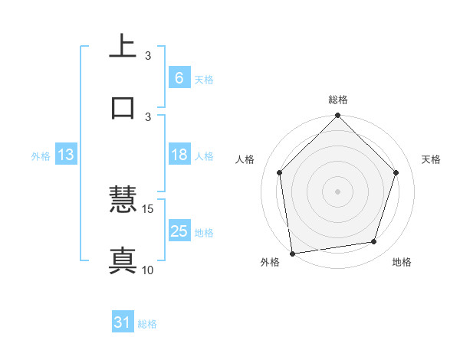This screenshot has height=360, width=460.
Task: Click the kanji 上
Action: pyautogui.click(x=123, y=47)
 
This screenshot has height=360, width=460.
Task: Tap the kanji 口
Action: pyautogui.click(x=123, y=106)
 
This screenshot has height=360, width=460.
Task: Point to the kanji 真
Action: pyautogui.click(x=123, y=260)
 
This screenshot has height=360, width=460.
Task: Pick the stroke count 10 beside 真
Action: pyautogui.click(x=148, y=270)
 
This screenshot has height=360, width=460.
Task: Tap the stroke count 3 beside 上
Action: pyautogui.click(x=148, y=56)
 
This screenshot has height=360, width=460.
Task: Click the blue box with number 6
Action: pyautogui.click(x=179, y=77)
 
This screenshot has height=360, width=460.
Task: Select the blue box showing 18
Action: pyautogui.click(x=179, y=155)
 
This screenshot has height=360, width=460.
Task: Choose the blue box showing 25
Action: pyautogui.click(x=179, y=231)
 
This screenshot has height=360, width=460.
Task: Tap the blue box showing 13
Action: pyautogui.click(x=65, y=155)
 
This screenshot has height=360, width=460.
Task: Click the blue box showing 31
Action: pyautogui.click(x=123, y=323)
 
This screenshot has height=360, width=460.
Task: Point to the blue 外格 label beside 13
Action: pyautogui.click(x=41, y=155)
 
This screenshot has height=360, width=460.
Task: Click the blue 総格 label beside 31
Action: pyautogui.click(x=147, y=324)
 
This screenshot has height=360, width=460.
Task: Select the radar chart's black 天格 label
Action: pyautogui.click(x=431, y=159)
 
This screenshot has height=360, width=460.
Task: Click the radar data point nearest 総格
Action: pyautogui.click(x=338, y=116)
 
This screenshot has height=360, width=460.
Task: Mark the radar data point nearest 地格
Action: pyautogui.click(x=374, y=242)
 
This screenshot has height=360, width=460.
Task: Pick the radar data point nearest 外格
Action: pyautogui.click(x=292, y=253)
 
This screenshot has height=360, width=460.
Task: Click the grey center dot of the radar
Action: pyautogui.click(x=338, y=191)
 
